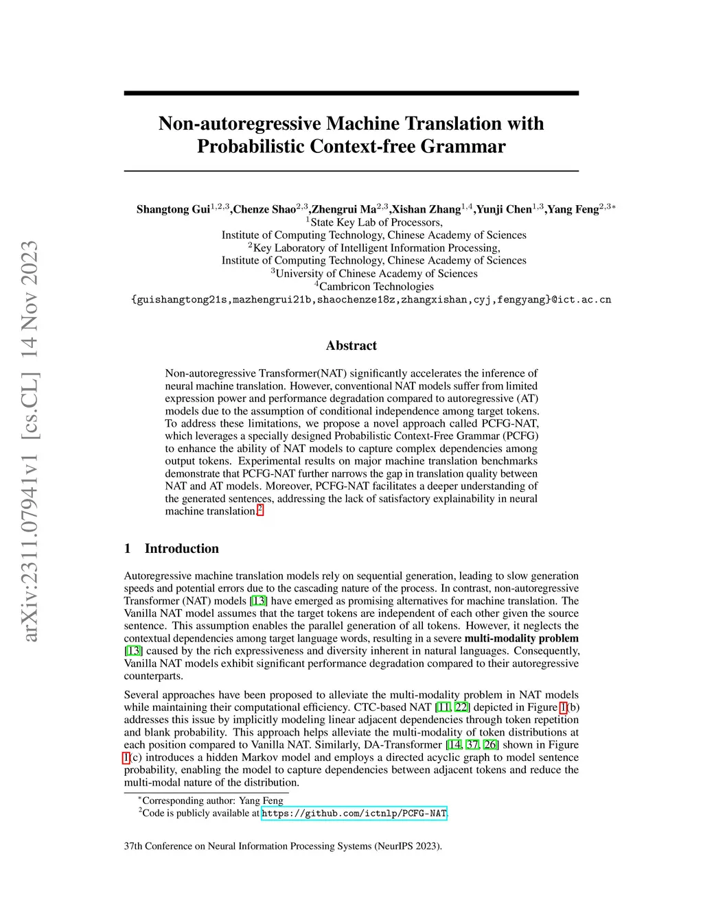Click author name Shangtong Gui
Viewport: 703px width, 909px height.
coord(173,210)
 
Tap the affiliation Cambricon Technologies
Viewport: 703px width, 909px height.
coord(376,287)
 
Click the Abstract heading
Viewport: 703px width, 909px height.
coord(351,346)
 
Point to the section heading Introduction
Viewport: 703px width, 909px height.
coord(181,548)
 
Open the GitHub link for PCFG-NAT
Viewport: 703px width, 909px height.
coord(354,814)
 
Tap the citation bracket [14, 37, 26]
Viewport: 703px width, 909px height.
coord(472,745)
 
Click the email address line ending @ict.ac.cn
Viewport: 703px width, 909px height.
coord(371,300)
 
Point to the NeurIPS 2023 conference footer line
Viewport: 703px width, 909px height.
coord(283,846)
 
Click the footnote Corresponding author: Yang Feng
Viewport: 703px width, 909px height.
coord(212,801)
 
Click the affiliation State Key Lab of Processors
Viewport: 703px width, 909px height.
coord(376,222)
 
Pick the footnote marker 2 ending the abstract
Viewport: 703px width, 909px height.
coord(260,510)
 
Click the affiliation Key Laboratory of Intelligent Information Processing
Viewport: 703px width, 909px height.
coord(376,248)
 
